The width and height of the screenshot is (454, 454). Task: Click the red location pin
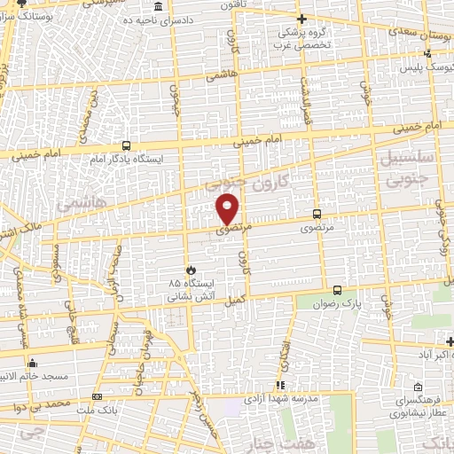(229, 209)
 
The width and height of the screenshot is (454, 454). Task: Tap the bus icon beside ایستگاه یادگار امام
(127, 145)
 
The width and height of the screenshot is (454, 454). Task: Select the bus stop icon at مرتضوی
(317, 214)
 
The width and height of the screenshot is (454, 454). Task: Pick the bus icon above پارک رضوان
(337, 290)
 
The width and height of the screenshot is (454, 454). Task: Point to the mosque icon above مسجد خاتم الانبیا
(33, 363)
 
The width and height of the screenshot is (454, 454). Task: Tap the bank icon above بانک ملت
(97, 396)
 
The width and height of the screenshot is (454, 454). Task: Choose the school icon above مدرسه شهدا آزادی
(279, 385)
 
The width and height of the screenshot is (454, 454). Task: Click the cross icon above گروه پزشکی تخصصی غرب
(301, 18)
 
